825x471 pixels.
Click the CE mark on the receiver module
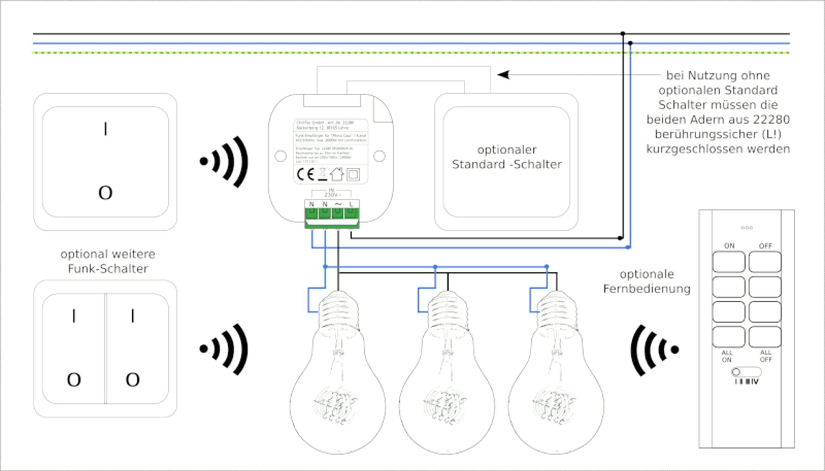305,175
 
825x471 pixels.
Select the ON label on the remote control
729,246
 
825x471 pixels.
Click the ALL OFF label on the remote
766,356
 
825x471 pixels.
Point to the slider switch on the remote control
746,372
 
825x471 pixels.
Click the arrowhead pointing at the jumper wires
504,75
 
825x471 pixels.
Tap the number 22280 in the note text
771,120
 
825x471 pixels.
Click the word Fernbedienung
647,289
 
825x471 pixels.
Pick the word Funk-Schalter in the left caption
108,269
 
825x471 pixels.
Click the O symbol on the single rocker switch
106,193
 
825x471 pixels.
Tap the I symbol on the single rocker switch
106,129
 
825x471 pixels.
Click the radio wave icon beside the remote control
654,350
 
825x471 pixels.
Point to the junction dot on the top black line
623,33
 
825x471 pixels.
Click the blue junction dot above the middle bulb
436,267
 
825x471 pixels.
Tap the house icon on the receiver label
337,174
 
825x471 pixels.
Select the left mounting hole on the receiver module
280,156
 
